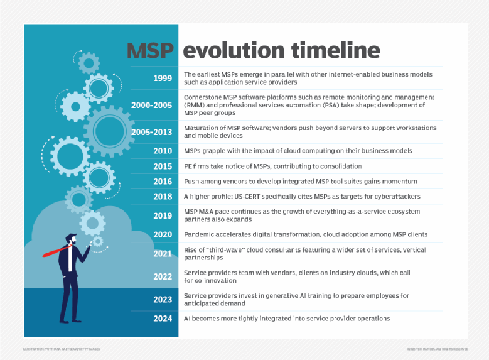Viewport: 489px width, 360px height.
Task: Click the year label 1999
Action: click(x=163, y=79)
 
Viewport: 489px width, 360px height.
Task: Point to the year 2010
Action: click(x=163, y=151)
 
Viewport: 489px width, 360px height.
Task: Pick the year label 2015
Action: click(x=163, y=166)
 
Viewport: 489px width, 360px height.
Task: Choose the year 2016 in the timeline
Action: click(x=163, y=182)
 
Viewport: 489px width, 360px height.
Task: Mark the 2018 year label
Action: click(x=163, y=197)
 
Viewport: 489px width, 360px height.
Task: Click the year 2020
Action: click(x=163, y=234)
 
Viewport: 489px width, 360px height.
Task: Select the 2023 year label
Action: click(x=163, y=299)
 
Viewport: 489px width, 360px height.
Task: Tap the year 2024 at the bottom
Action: click(x=163, y=319)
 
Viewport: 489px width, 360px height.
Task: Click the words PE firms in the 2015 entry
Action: click(x=198, y=166)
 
